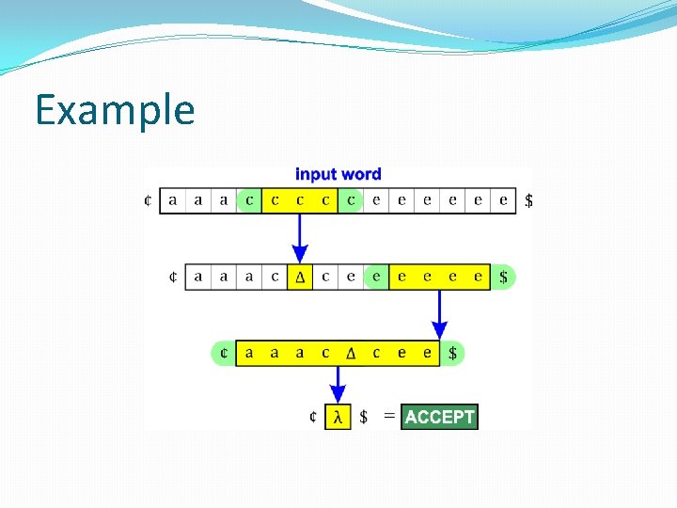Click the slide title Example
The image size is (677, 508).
(x=115, y=110)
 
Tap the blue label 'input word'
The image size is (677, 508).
(x=338, y=174)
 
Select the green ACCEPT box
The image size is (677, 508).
(x=439, y=417)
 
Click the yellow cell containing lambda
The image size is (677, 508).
(x=338, y=417)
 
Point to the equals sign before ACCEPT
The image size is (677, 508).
(x=389, y=416)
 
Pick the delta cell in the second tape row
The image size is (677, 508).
(x=300, y=277)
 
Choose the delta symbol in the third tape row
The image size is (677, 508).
(x=351, y=354)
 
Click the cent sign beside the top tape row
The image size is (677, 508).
(x=149, y=200)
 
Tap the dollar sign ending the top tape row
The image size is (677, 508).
(x=528, y=200)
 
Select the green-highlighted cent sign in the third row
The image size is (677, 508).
(x=223, y=354)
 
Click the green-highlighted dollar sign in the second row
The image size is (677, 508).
(x=504, y=277)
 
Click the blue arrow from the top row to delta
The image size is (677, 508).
(x=300, y=239)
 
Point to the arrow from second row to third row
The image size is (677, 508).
(x=439, y=315)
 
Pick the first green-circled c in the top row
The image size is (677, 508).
(x=248, y=200)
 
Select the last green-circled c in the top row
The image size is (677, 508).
(x=351, y=200)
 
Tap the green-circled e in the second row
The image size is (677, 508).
(x=376, y=277)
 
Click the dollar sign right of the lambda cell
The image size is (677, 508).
(x=364, y=417)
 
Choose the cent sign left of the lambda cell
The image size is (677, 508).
(x=312, y=417)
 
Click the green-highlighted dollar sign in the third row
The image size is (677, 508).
(x=453, y=354)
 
